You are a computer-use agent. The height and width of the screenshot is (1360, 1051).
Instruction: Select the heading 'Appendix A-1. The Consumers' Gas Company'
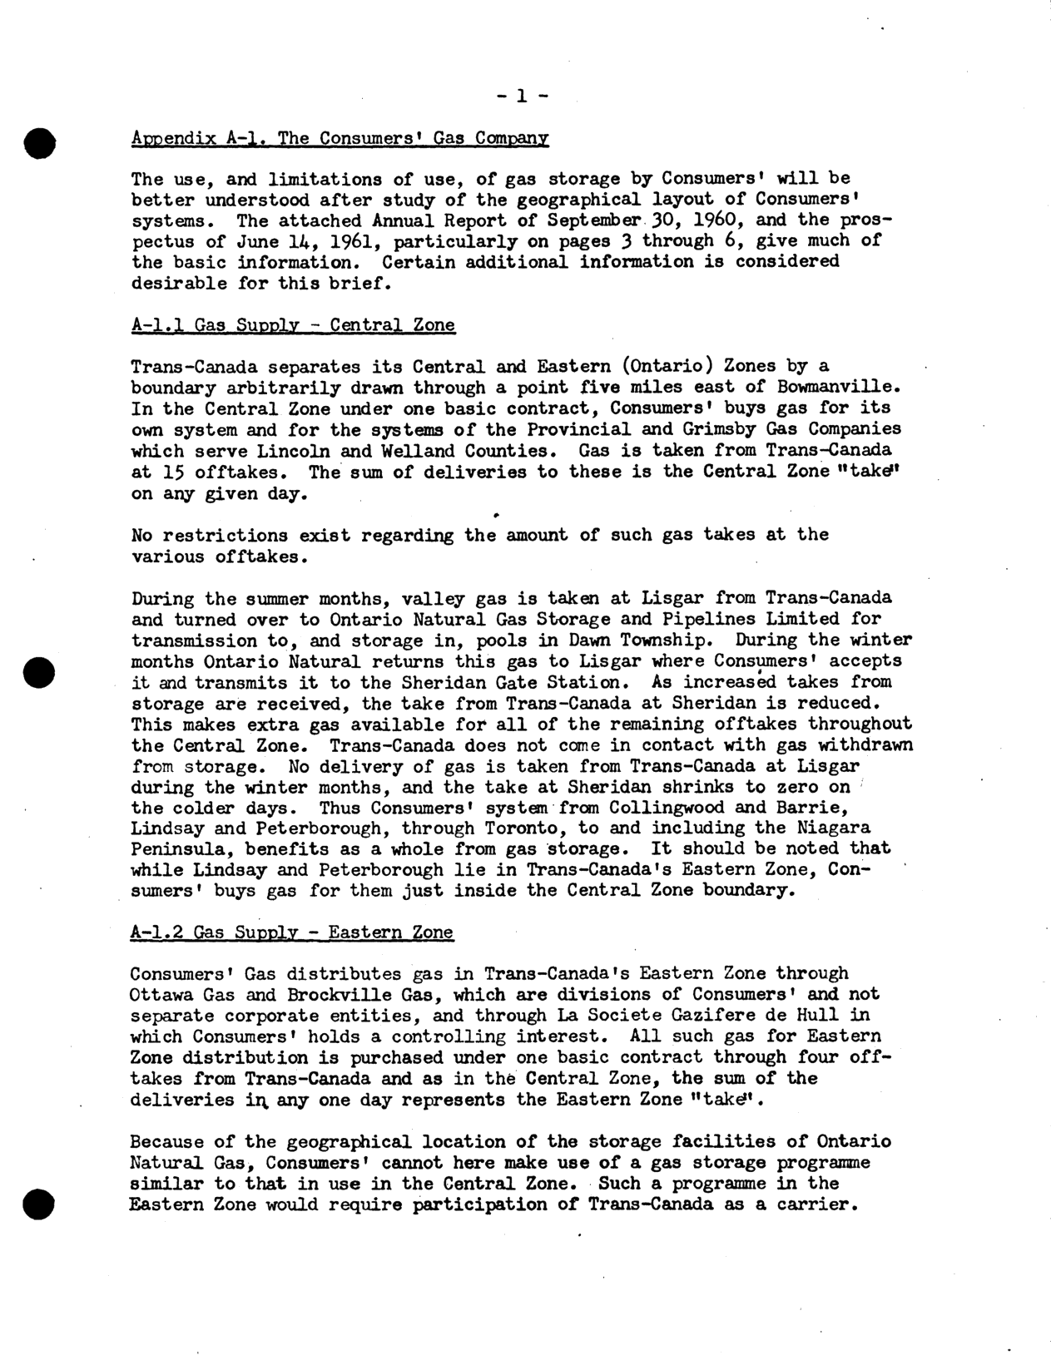tap(340, 138)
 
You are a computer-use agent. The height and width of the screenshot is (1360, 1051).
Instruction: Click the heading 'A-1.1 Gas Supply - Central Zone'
tap(293, 324)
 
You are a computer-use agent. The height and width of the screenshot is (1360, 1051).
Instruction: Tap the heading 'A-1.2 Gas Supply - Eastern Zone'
tap(292, 932)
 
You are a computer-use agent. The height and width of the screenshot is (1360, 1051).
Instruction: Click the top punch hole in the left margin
tap(39, 143)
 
